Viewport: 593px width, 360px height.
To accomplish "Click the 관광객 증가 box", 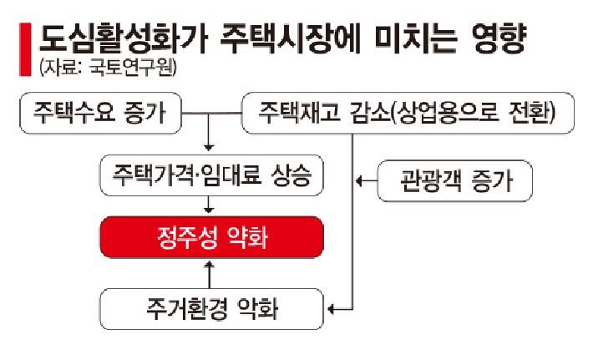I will [454, 180].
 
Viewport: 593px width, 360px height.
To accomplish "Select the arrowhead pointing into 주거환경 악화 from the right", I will [332, 310].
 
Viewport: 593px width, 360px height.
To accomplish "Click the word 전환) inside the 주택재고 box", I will [531, 112].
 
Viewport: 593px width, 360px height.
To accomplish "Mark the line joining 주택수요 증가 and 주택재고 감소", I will [210, 112].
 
